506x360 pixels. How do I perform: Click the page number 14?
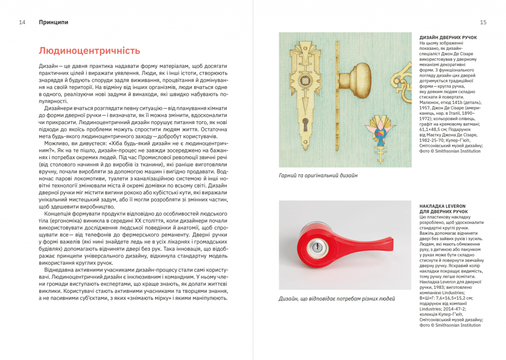pos(22,22)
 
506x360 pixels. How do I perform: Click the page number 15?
pos(483,22)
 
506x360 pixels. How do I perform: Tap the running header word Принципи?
pos(53,22)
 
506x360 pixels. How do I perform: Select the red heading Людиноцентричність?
pos(89,51)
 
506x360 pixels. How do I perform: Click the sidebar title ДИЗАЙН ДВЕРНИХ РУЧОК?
pos(448,38)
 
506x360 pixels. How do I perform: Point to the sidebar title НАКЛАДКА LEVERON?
pos(442,205)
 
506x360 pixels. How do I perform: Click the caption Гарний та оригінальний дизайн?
pos(318,176)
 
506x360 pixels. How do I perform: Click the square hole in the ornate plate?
pos(306,80)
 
